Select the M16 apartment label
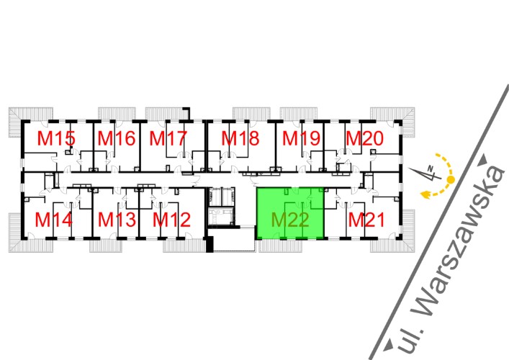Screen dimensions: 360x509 point(117,138)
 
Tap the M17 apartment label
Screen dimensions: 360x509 point(168,138)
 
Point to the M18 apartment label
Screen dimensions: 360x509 point(240,138)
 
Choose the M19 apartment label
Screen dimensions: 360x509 point(300,138)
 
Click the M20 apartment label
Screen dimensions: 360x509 point(364,138)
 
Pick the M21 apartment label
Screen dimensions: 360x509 point(366,219)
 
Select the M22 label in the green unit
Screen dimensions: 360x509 point(290,219)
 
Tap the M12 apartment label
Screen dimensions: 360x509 point(172,219)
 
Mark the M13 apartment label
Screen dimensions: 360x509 point(117,219)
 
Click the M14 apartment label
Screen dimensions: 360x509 point(53,219)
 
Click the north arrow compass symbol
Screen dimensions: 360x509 point(428,174)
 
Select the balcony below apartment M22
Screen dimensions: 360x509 point(284,246)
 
